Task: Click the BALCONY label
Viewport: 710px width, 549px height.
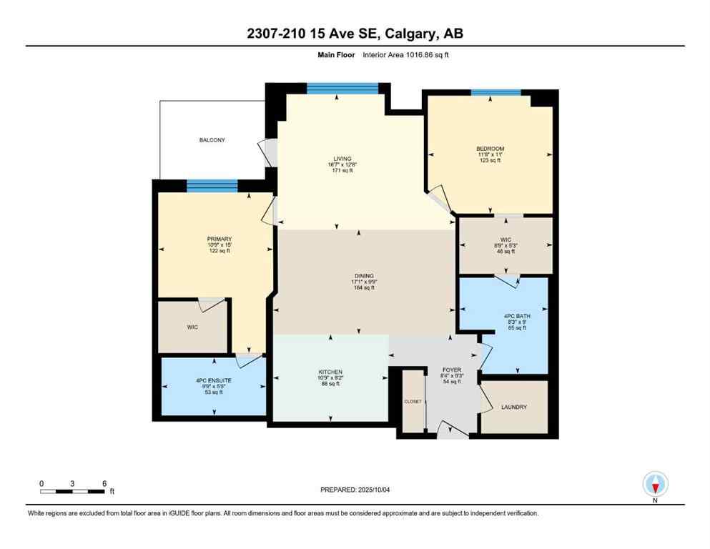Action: [212, 140]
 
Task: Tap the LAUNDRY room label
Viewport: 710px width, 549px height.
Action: [514, 407]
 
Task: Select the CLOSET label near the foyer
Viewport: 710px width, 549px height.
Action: [412, 402]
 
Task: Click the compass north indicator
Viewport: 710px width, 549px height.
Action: [655, 485]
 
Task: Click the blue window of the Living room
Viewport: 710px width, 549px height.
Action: [342, 88]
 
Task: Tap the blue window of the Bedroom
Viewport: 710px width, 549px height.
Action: [495, 92]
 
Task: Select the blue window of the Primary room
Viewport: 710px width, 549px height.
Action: [212, 186]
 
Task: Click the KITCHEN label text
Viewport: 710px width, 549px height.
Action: [330, 372]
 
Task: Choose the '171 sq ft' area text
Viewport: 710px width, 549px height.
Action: [338, 172]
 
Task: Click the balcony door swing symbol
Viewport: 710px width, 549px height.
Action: [270, 152]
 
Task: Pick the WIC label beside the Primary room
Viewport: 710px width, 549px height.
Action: [192, 327]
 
